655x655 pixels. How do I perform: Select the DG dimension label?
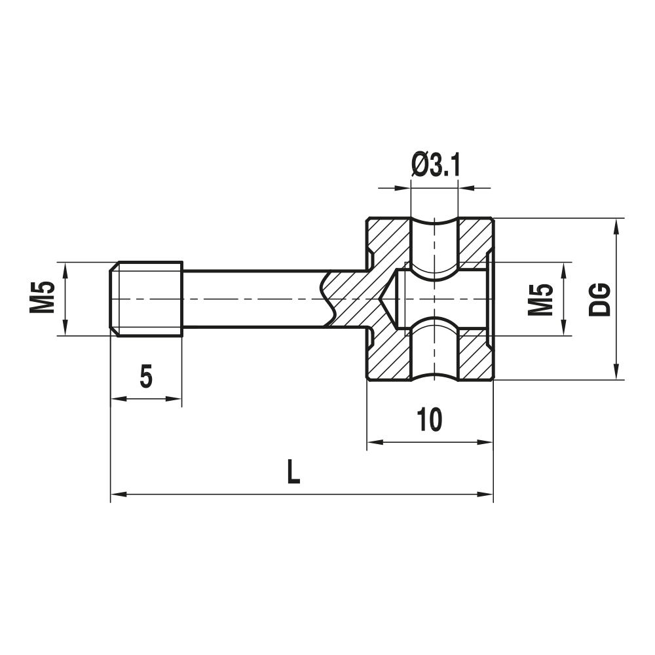coord(600,299)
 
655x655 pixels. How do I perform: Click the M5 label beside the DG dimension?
coord(541,299)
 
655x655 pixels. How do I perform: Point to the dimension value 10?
coord(429,420)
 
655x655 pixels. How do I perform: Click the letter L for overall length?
coord(294,472)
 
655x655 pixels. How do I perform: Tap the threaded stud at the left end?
coord(146,299)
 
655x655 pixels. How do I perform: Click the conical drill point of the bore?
coord(388,299)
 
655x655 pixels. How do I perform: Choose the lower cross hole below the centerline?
coord(434,350)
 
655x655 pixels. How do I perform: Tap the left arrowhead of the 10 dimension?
coord(373,443)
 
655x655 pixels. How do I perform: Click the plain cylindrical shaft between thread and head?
coord(249,299)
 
